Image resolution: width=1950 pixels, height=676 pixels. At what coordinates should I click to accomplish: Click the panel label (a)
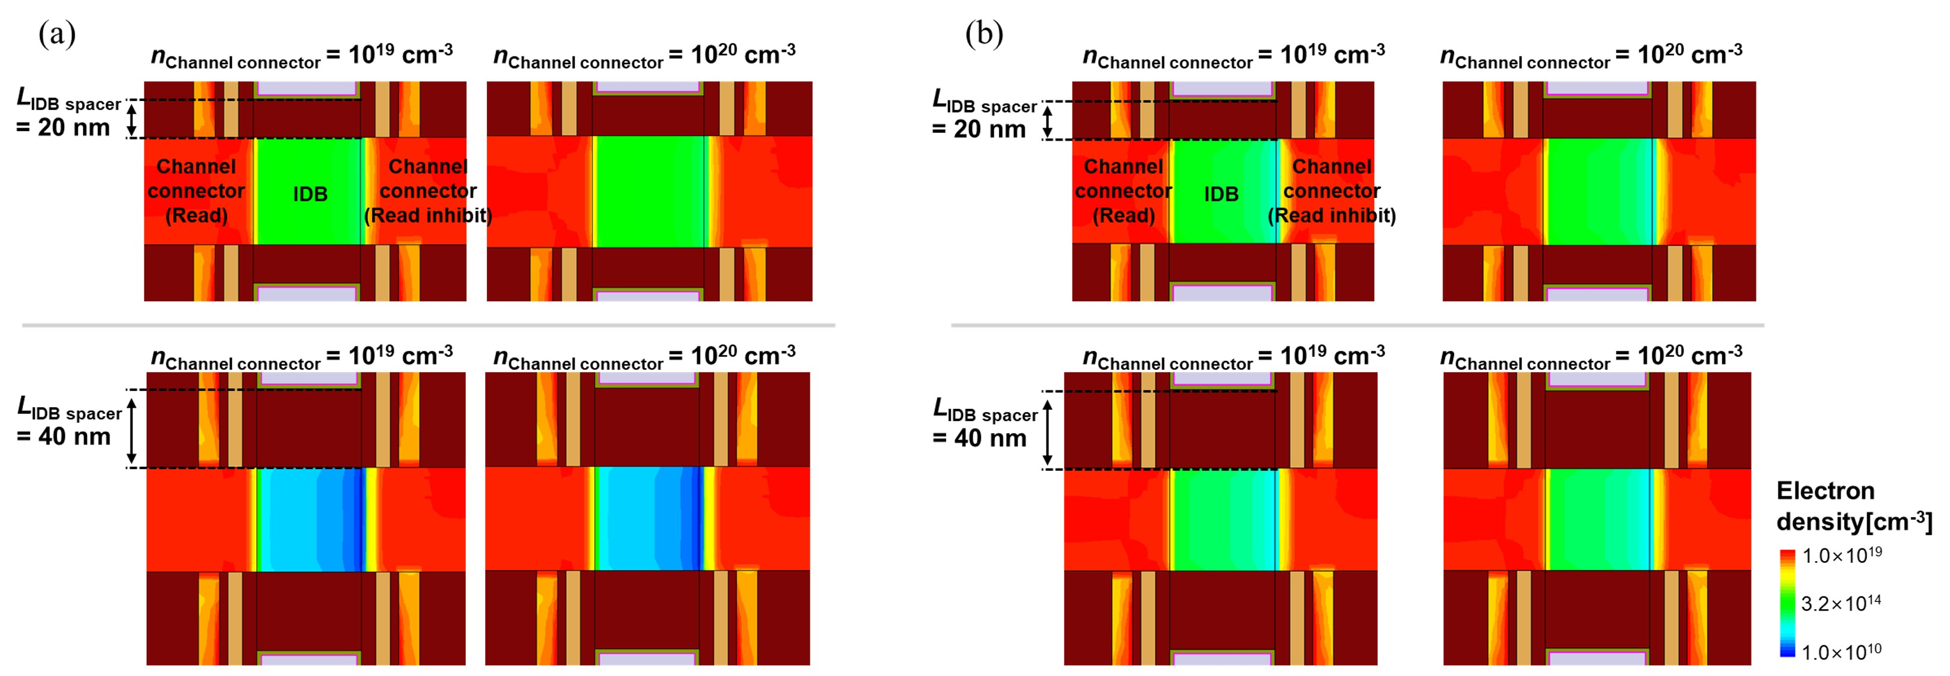57,34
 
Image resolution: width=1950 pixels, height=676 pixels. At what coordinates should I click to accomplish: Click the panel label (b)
983,34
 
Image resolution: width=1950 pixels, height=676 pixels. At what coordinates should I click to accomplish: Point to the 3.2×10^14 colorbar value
1840,603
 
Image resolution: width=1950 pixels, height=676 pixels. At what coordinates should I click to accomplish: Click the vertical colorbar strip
1787,603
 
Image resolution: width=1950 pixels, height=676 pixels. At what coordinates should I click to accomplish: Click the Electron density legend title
1853,506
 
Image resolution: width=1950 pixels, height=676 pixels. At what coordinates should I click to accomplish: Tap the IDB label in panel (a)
310,194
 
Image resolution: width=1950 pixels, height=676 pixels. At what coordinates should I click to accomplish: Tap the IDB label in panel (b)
1221,194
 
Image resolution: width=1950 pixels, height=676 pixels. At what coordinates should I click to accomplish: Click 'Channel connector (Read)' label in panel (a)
196,191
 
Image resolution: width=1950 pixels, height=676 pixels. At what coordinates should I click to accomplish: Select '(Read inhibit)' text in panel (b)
1331,216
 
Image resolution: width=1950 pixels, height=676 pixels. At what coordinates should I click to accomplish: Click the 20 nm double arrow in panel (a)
132,120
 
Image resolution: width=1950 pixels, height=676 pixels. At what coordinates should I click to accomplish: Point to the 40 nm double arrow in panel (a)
132,430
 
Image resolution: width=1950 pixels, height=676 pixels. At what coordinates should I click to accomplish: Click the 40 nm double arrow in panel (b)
1048,431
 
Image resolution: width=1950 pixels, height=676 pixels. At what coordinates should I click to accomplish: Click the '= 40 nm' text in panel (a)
64,437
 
